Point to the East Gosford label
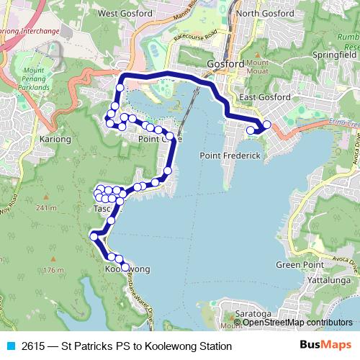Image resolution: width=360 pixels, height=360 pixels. coord(264,97)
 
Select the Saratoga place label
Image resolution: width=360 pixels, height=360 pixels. coord(252,314)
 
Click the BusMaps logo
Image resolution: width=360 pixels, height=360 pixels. coord(325,346)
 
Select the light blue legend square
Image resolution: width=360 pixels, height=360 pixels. coord(11,346)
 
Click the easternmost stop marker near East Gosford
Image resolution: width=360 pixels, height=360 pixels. coord(266,125)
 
